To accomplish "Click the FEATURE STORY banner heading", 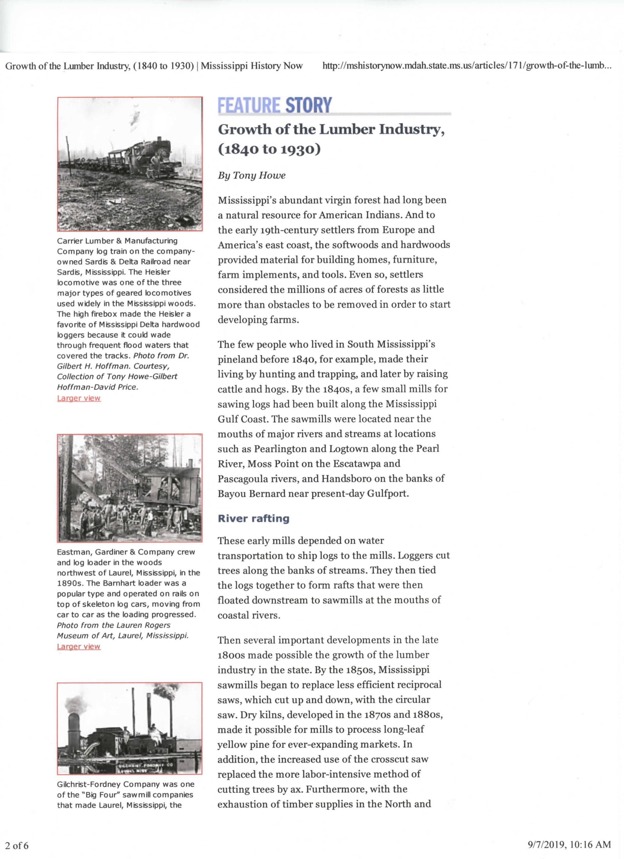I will tap(275, 105).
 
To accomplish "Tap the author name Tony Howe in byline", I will tap(259, 175).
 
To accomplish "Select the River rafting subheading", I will tap(253, 518).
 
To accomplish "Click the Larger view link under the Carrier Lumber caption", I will tap(79, 398).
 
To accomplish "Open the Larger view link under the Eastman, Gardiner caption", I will tap(79, 646).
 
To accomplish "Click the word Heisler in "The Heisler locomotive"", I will tap(157, 272).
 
